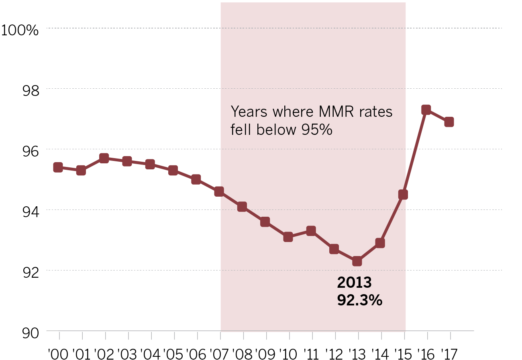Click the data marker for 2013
(357, 261)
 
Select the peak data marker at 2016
(426, 110)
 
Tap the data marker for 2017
(449, 122)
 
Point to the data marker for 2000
(58, 167)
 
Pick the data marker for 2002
(104, 159)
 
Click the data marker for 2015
(403, 195)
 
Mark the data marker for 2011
(311, 231)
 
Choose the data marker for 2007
(219, 192)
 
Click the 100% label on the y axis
(20, 30)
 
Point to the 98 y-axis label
(31, 91)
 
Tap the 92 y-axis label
(31, 273)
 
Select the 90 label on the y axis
(31, 333)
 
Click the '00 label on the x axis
(58, 354)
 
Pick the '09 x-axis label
(265, 354)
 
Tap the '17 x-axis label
(450, 354)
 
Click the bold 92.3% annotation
(359, 300)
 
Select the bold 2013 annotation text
(354, 283)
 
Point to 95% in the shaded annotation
(317, 130)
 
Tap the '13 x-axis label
(357, 354)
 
